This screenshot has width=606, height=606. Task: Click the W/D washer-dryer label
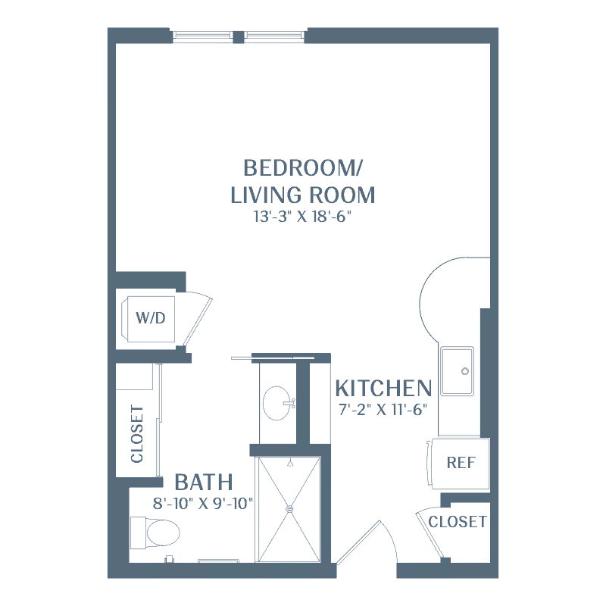coord(150,317)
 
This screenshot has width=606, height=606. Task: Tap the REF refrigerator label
coord(461,463)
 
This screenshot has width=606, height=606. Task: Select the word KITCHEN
coord(383,389)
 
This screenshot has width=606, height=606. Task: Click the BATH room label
coord(203,482)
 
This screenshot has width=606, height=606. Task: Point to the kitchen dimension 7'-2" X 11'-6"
coord(383,411)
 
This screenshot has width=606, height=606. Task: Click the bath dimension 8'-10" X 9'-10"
coord(203,501)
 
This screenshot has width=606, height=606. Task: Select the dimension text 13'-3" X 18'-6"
coord(302,217)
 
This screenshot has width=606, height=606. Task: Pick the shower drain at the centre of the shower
coord(289,509)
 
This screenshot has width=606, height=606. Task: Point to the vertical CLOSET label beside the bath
coord(137,434)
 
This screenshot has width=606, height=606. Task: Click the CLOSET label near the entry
coord(458,522)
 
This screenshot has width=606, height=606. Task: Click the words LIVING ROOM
coord(302,195)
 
